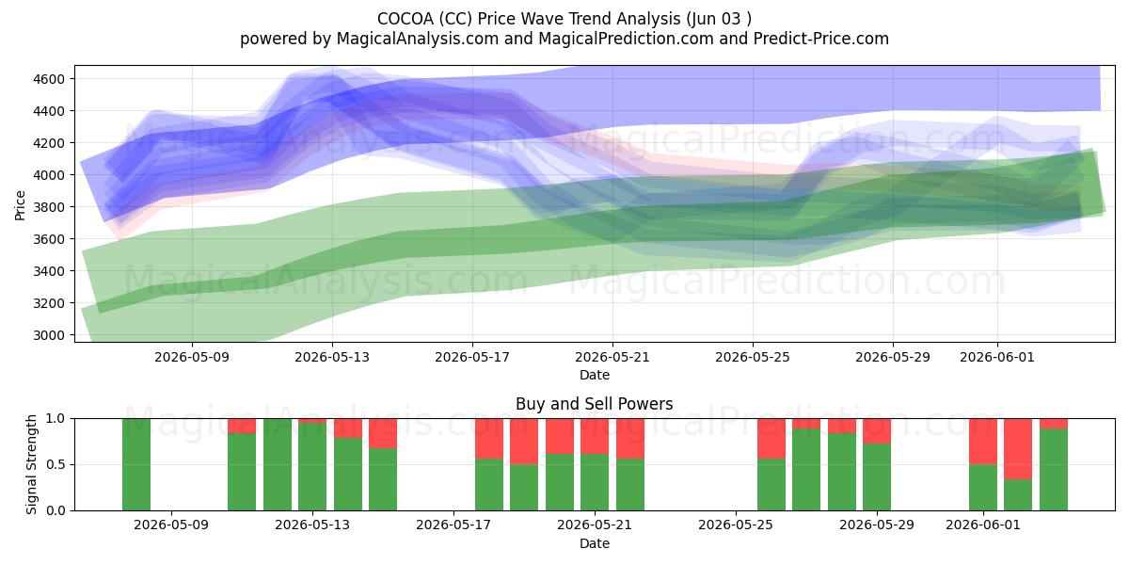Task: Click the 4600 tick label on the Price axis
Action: (49, 79)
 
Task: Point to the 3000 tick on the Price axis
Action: (49, 335)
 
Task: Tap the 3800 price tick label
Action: (49, 207)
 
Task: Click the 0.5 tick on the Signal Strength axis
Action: (56, 464)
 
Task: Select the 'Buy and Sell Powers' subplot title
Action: (595, 404)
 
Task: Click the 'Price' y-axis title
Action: (20, 205)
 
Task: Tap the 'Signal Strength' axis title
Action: (31, 464)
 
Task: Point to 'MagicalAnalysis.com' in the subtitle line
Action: (418, 39)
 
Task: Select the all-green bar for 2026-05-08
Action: (136, 464)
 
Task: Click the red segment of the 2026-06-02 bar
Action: (1018, 448)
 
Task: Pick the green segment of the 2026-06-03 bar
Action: (1054, 469)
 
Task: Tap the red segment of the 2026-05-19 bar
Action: (524, 441)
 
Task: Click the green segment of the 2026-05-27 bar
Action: (806, 469)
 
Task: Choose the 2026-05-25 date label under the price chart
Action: (753, 358)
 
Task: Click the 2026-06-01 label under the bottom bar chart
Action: (983, 525)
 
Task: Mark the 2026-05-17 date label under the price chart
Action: (472, 358)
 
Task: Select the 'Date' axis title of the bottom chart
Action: (595, 543)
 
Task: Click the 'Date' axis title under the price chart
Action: (595, 375)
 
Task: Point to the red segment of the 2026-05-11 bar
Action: (242, 426)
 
